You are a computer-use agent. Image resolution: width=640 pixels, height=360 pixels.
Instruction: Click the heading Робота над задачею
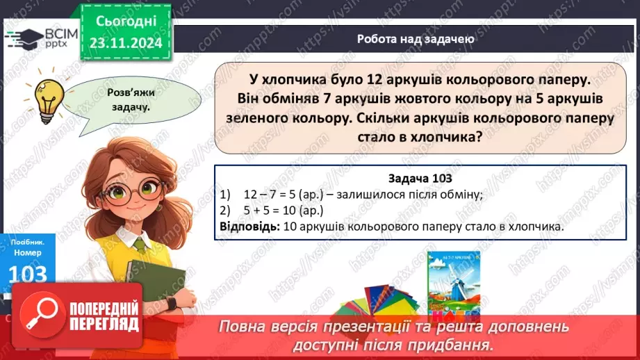click(x=416, y=39)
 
